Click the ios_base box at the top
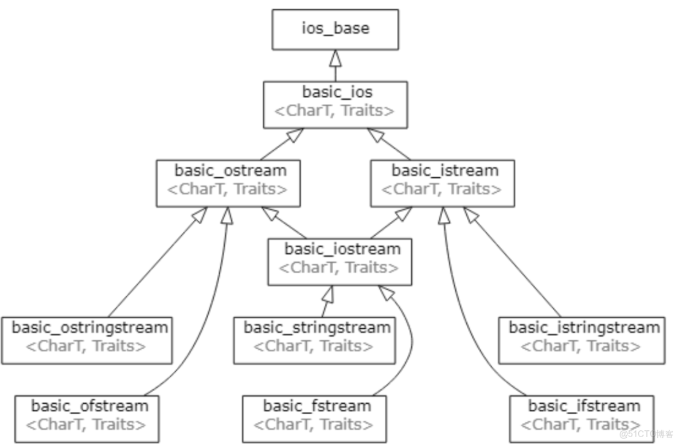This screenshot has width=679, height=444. [335, 29]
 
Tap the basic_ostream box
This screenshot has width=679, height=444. [228, 183]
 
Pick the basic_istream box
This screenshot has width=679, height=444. [442, 183]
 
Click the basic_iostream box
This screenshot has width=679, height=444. [339, 262]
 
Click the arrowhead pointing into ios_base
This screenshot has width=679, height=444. [335, 58]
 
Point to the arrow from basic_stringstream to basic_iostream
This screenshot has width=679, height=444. [326, 301]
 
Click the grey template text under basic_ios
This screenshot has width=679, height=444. [335, 111]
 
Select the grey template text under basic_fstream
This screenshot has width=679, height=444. [313, 425]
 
